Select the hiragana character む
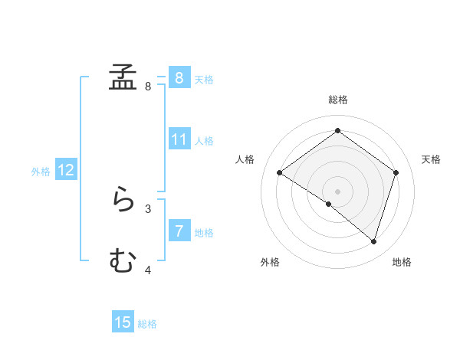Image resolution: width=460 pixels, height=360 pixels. click(x=123, y=261)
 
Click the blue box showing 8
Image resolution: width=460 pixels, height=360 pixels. click(x=179, y=77)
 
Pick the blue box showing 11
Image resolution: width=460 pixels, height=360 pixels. click(x=179, y=139)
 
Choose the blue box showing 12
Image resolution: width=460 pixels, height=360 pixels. click(x=66, y=170)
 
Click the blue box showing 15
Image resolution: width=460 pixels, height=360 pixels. click(x=123, y=322)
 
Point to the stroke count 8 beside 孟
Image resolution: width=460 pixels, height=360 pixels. click(x=148, y=87)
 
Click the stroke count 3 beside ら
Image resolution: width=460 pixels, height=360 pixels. click(x=148, y=208)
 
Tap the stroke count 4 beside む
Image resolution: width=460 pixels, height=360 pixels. click(x=148, y=270)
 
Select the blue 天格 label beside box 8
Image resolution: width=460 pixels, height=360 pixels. click(x=204, y=79)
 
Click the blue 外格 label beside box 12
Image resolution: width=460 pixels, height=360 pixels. click(x=41, y=172)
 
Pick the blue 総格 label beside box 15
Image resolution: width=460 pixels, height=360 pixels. click(x=147, y=324)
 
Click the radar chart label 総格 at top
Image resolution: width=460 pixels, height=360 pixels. click(x=337, y=100)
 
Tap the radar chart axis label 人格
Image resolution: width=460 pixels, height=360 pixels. click(x=245, y=159)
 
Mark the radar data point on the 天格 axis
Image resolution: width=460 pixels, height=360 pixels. click(x=396, y=172)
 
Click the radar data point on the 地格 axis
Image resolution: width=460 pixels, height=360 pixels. click(x=373, y=241)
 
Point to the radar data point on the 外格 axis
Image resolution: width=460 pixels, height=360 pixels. click(x=329, y=204)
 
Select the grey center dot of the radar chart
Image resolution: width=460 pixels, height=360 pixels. click(x=337, y=191)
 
